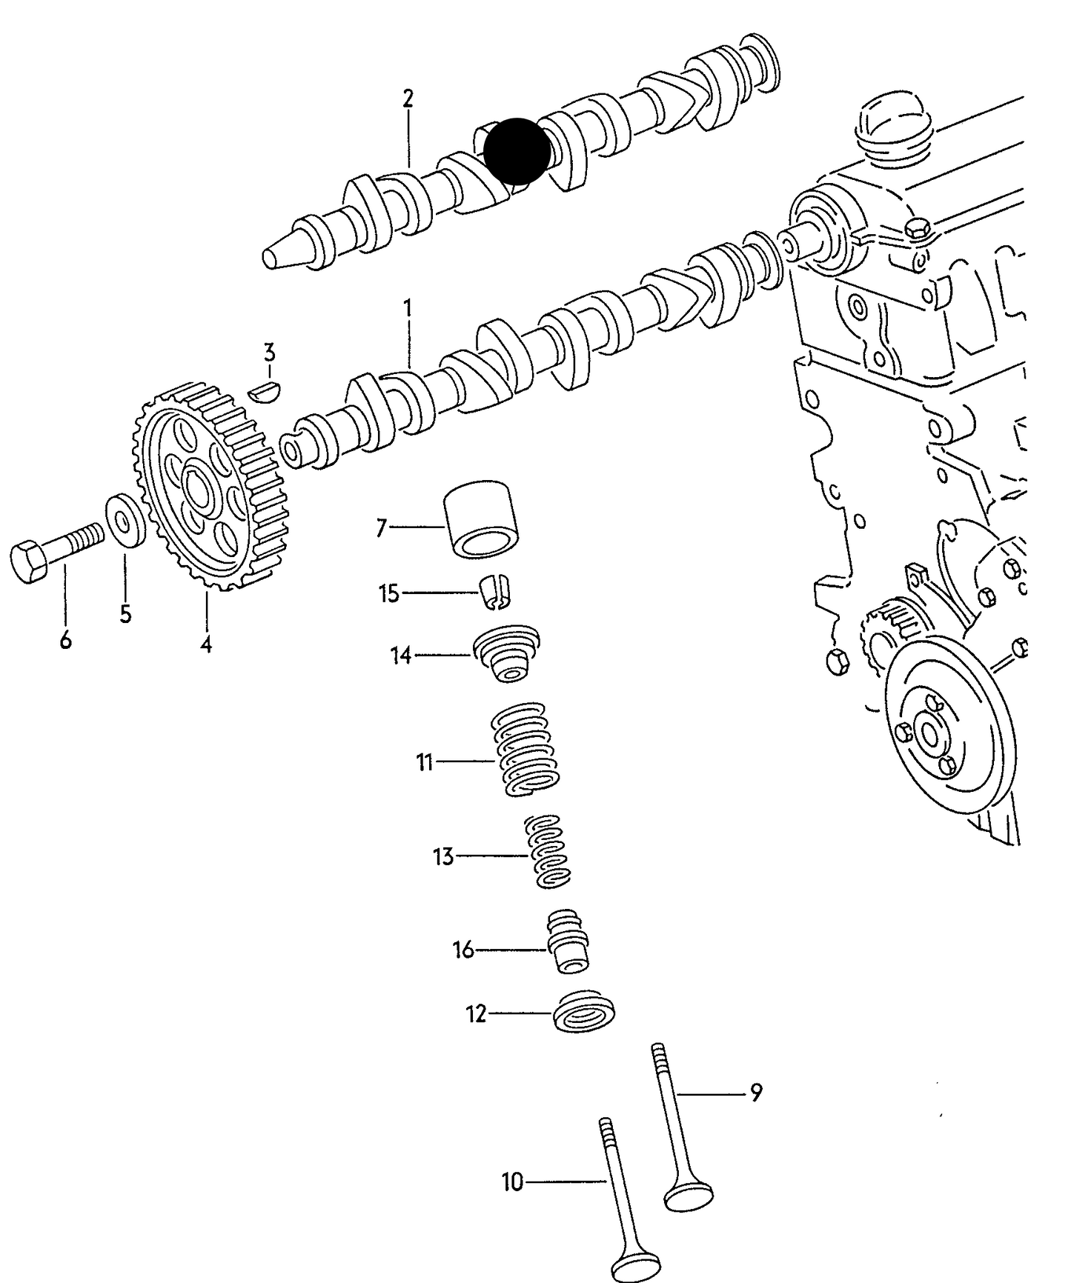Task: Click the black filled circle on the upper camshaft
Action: point(517,151)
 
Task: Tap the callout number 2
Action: point(408,99)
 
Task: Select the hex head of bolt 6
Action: point(29,562)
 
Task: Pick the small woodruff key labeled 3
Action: point(265,390)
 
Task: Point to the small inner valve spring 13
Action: point(548,850)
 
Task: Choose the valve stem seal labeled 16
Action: point(568,942)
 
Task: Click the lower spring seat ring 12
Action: point(584,1010)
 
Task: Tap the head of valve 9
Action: point(689,1192)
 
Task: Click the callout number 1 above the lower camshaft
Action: point(407,307)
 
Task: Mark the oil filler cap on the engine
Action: point(892,127)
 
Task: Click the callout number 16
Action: point(463,950)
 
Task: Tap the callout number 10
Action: point(513,1182)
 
